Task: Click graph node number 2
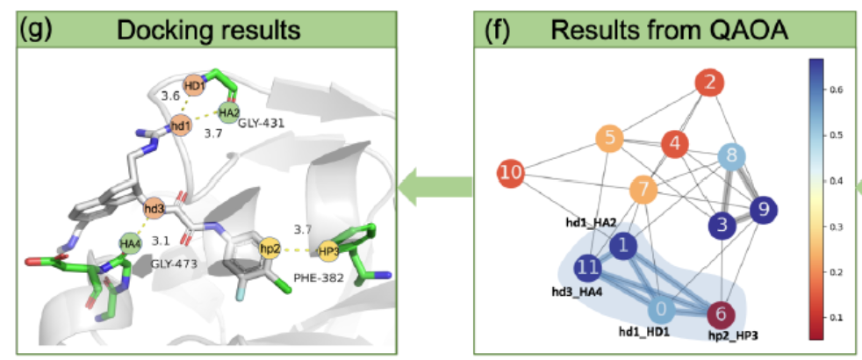click(x=711, y=84)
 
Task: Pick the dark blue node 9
click(x=763, y=209)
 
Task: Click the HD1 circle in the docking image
click(x=194, y=86)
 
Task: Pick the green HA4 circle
click(x=131, y=243)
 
